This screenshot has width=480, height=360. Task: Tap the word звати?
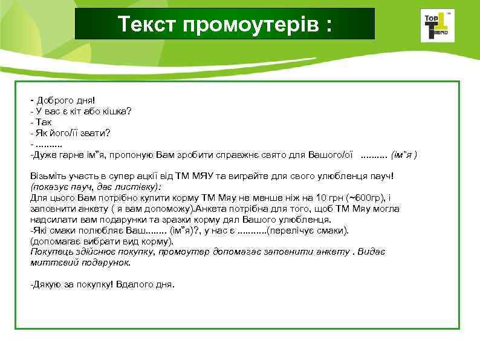[x=103, y=133]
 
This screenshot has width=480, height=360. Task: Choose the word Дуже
[x=44, y=155]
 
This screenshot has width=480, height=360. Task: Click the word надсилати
[x=51, y=220]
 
